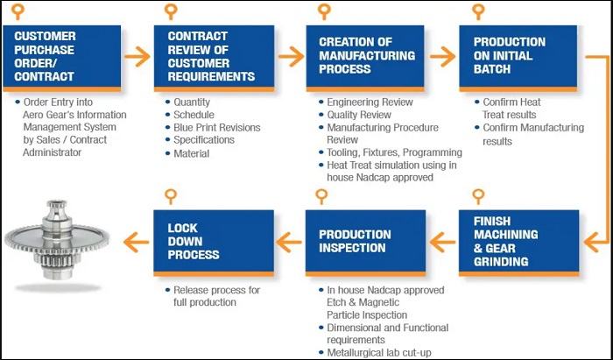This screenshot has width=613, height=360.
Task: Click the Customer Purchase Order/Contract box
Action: click(x=62, y=58)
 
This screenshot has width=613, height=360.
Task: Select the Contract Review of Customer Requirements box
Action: click(x=214, y=58)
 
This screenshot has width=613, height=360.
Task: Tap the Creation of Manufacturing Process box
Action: click(x=365, y=58)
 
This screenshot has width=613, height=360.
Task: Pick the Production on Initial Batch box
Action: click(x=518, y=58)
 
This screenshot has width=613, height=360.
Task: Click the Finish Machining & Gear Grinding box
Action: click(x=518, y=244)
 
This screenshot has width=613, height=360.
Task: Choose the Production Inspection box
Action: click(x=365, y=244)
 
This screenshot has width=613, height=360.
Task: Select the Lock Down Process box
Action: click(x=214, y=244)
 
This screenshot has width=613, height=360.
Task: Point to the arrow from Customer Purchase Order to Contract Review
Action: click(x=137, y=57)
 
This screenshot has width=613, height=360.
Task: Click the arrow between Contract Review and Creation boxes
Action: click(x=291, y=57)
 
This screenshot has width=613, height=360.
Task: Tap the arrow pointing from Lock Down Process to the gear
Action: click(x=136, y=243)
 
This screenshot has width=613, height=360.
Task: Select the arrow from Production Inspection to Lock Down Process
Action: click(x=289, y=243)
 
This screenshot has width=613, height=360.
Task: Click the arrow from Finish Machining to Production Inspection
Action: click(x=442, y=243)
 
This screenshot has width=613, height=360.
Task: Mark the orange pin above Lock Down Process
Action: click(x=171, y=196)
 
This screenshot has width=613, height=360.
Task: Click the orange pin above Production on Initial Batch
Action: click(x=478, y=11)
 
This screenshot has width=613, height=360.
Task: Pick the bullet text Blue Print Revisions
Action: click(x=217, y=127)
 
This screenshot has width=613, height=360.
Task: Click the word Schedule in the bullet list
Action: click(x=194, y=115)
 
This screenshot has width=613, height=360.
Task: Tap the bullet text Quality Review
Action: click(x=359, y=115)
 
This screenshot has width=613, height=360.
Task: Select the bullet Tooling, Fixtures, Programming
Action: click(x=394, y=152)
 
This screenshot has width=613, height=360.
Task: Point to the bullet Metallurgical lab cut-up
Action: click(x=379, y=353)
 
